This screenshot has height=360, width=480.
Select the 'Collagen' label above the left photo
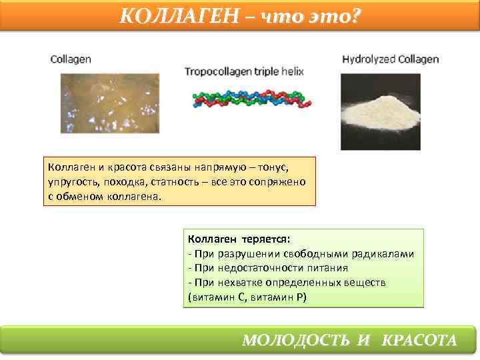click(x=71, y=59)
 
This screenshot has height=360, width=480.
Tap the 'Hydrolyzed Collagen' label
click(x=391, y=59)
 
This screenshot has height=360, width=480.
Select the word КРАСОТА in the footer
click(x=419, y=340)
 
